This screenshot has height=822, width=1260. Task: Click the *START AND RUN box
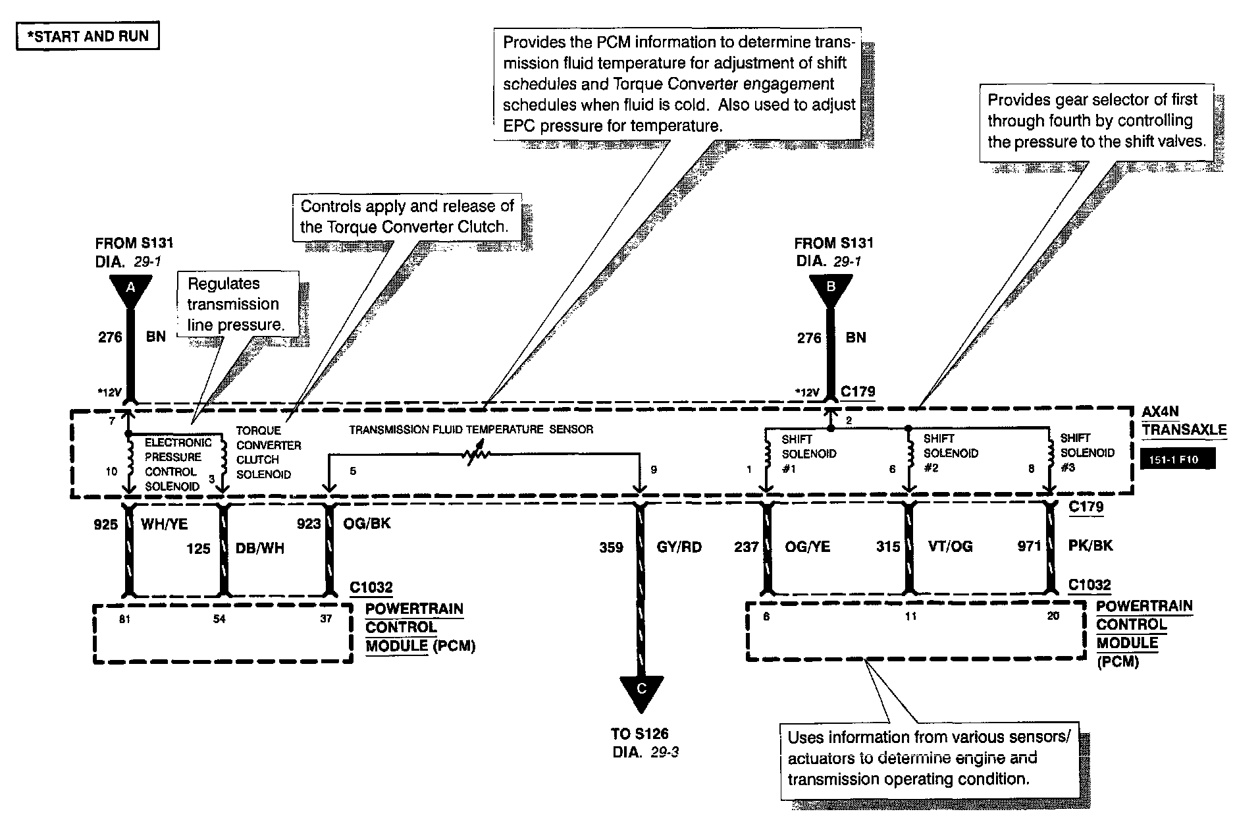pyautogui.click(x=88, y=36)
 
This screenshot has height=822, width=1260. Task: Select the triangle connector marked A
pyautogui.click(x=130, y=288)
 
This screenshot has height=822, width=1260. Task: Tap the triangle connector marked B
pyautogui.click(x=830, y=288)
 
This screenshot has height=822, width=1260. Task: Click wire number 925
pyautogui.click(x=105, y=524)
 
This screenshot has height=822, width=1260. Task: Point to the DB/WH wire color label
pyautogui.click(x=260, y=549)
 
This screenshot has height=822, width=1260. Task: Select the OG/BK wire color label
pyautogui.click(x=367, y=524)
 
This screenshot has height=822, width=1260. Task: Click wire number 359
pyautogui.click(x=611, y=547)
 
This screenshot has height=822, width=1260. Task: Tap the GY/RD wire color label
pyautogui.click(x=679, y=547)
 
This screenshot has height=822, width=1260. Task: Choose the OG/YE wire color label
pyautogui.click(x=808, y=546)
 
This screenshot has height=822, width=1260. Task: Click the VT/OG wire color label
pyautogui.click(x=951, y=546)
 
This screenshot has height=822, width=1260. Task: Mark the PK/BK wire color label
pyautogui.click(x=1089, y=545)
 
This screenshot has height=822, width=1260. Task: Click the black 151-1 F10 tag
pyautogui.click(x=1178, y=459)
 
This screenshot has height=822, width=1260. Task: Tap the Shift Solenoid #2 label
pyautogui.click(x=951, y=453)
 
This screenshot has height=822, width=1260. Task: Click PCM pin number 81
pyautogui.click(x=124, y=618)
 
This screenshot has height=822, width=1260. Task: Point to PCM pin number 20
pyautogui.click(x=1053, y=616)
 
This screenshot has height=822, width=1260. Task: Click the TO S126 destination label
pyautogui.click(x=639, y=734)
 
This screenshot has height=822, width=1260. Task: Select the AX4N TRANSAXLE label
pyautogui.click(x=1184, y=421)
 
